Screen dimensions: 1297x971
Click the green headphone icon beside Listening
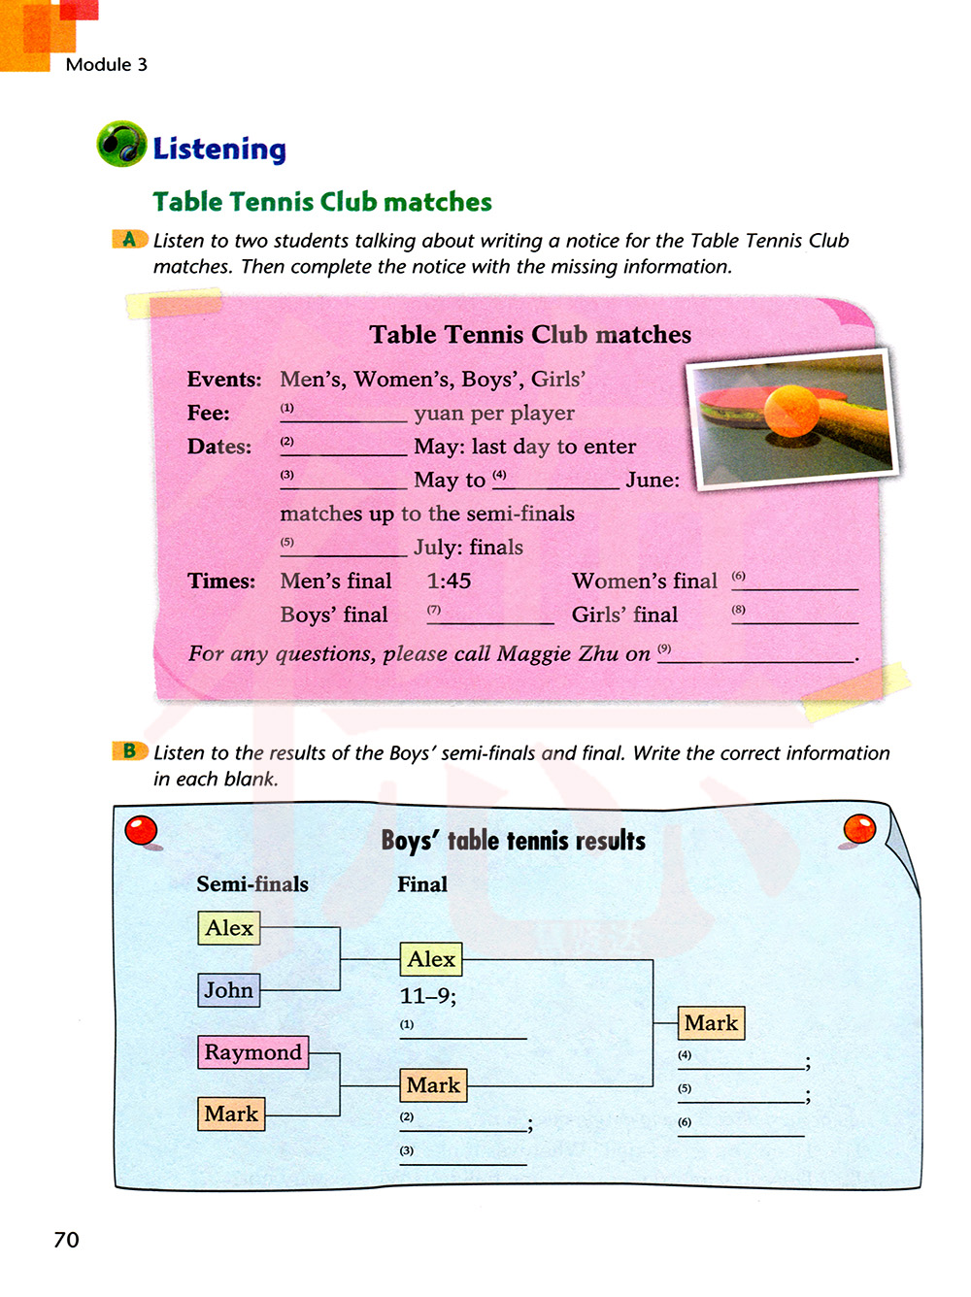click(121, 144)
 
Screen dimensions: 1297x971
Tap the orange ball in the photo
click(791, 411)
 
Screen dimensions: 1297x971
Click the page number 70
click(66, 1240)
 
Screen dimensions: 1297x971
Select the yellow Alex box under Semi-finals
click(229, 928)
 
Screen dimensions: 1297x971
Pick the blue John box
click(228, 990)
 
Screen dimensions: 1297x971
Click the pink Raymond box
click(252, 1052)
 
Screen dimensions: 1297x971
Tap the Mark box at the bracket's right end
click(711, 1023)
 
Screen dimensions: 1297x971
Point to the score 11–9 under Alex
click(427, 996)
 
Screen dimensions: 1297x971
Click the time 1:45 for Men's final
click(449, 582)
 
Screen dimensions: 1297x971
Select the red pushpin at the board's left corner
click(142, 831)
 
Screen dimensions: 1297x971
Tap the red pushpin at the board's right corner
click(859, 829)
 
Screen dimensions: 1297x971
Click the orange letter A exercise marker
click(129, 239)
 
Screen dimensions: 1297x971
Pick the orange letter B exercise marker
click(129, 750)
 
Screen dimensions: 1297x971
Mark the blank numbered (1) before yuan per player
click(344, 416)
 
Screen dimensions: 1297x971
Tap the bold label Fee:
click(209, 414)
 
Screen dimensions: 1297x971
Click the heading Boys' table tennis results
click(513, 841)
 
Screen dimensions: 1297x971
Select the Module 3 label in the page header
click(107, 65)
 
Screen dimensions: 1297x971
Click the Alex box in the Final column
click(431, 959)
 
